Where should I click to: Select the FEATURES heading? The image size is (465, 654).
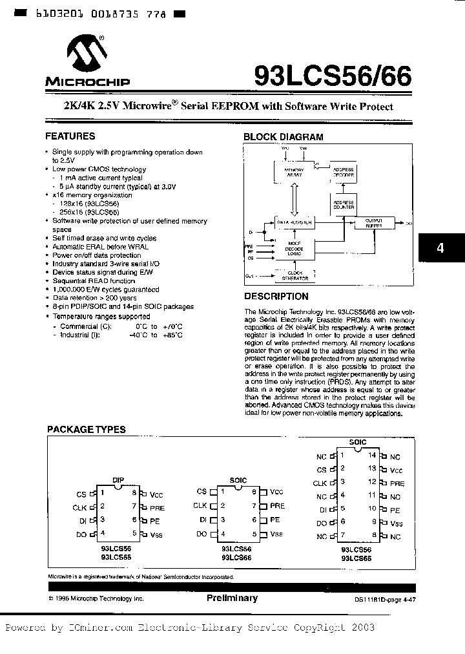70,136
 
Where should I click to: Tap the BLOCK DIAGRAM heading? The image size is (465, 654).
283,137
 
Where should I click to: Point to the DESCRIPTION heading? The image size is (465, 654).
276,297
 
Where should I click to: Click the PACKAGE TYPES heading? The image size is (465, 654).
87,429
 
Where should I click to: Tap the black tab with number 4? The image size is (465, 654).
440,248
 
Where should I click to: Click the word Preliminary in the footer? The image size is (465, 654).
232,598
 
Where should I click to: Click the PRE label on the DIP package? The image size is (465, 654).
157,508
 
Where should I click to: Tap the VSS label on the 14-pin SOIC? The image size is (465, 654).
396,524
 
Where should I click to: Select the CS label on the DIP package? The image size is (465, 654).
81,494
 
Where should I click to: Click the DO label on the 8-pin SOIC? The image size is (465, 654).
201,534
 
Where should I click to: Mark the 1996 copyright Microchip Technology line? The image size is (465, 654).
96,599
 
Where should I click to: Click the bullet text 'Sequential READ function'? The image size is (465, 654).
94,281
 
